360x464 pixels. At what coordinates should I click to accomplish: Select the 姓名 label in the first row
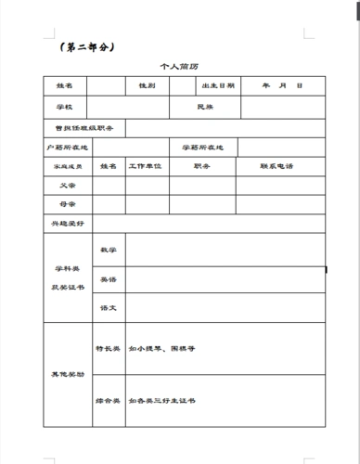(x=66, y=86)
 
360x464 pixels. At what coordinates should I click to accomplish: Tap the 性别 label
(x=147, y=86)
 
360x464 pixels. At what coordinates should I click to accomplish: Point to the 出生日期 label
(x=218, y=86)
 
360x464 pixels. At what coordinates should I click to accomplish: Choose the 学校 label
(x=66, y=108)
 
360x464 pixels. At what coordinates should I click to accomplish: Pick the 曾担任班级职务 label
(x=84, y=128)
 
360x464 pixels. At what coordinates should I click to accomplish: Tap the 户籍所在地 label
(x=69, y=148)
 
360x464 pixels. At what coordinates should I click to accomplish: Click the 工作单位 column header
(x=145, y=167)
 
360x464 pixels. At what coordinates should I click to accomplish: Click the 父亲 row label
(x=67, y=185)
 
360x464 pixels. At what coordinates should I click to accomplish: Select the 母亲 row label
(x=67, y=202)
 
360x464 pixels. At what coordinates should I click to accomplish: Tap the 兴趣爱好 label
(x=67, y=224)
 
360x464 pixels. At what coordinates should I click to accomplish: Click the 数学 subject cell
(x=108, y=251)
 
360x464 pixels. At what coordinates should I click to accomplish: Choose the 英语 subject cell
(x=108, y=278)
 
